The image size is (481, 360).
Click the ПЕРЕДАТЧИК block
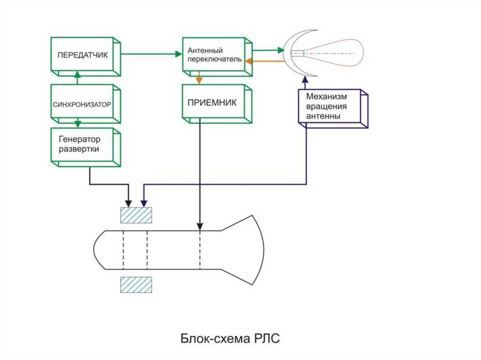tap(83, 55)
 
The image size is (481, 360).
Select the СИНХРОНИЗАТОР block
tap(82, 104)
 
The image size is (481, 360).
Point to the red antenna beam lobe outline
tap(362, 53)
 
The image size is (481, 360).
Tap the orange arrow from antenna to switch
tap(265, 61)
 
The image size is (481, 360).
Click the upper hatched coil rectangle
tap(136, 215)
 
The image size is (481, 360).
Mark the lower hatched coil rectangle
tap(136, 285)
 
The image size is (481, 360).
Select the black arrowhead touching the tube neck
tap(201, 227)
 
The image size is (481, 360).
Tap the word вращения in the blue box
tap(325, 106)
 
